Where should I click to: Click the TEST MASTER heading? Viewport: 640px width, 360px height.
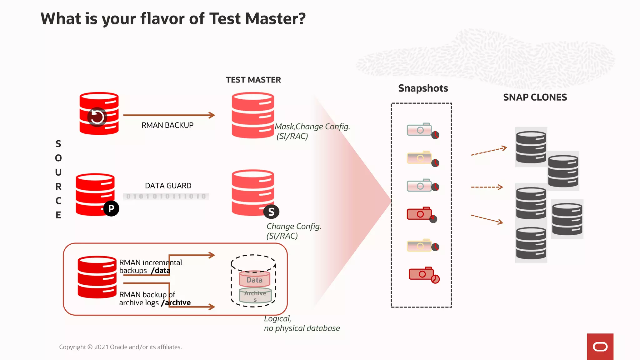point(253,80)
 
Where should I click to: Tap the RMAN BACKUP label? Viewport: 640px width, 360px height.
point(167,125)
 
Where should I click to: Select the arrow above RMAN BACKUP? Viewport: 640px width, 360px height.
point(169,115)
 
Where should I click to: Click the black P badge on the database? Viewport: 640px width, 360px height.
point(111,208)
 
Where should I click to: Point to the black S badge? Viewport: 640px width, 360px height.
point(271,212)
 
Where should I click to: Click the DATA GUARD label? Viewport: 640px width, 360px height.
point(168,186)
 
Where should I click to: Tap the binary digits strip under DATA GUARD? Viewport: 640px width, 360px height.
point(166,196)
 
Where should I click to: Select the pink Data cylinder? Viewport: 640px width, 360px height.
point(254,279)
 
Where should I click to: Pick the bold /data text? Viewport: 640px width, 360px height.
point(161,271)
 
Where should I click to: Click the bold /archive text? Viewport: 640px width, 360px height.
point(176,303)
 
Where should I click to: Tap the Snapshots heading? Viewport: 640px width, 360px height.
point(423,88)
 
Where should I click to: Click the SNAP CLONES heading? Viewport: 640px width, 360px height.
point(535,97)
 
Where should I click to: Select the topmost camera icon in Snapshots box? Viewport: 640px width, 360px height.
point(419,129)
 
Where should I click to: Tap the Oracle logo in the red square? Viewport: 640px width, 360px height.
point(600,347)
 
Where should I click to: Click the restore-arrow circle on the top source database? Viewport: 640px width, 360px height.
point(97,117)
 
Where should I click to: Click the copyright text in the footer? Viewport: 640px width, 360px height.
point(120,347)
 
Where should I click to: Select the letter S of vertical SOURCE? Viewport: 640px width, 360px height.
point(58,144)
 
